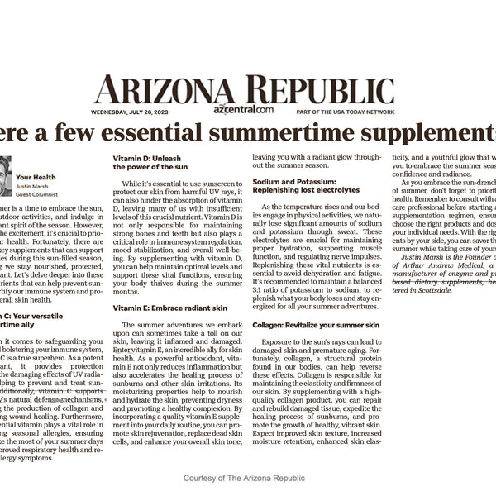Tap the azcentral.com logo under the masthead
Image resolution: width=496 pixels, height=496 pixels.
pos(243,109)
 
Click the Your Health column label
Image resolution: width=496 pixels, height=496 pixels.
pos(34,176)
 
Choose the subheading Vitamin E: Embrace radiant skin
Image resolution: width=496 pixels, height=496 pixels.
pos(163,308)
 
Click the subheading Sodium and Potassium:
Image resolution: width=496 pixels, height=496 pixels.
pos(294,181)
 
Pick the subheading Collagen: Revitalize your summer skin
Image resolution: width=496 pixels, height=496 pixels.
pos(316,325)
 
